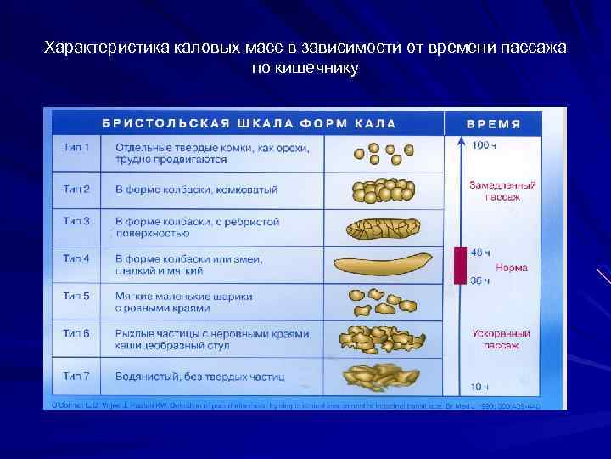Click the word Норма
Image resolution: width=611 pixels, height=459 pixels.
pyautogui.click(x=513, y=267)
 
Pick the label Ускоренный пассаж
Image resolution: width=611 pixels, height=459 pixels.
pyautogui.click(x=502, y=340)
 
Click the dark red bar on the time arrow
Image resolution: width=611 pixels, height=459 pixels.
pyautogui.click(x=459, y=266)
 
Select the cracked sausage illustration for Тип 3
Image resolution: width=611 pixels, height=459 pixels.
pyautogui.click(x=382, y=227)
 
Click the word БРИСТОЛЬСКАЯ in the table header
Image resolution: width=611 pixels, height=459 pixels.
pyautogui.click(x=165, y=123)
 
